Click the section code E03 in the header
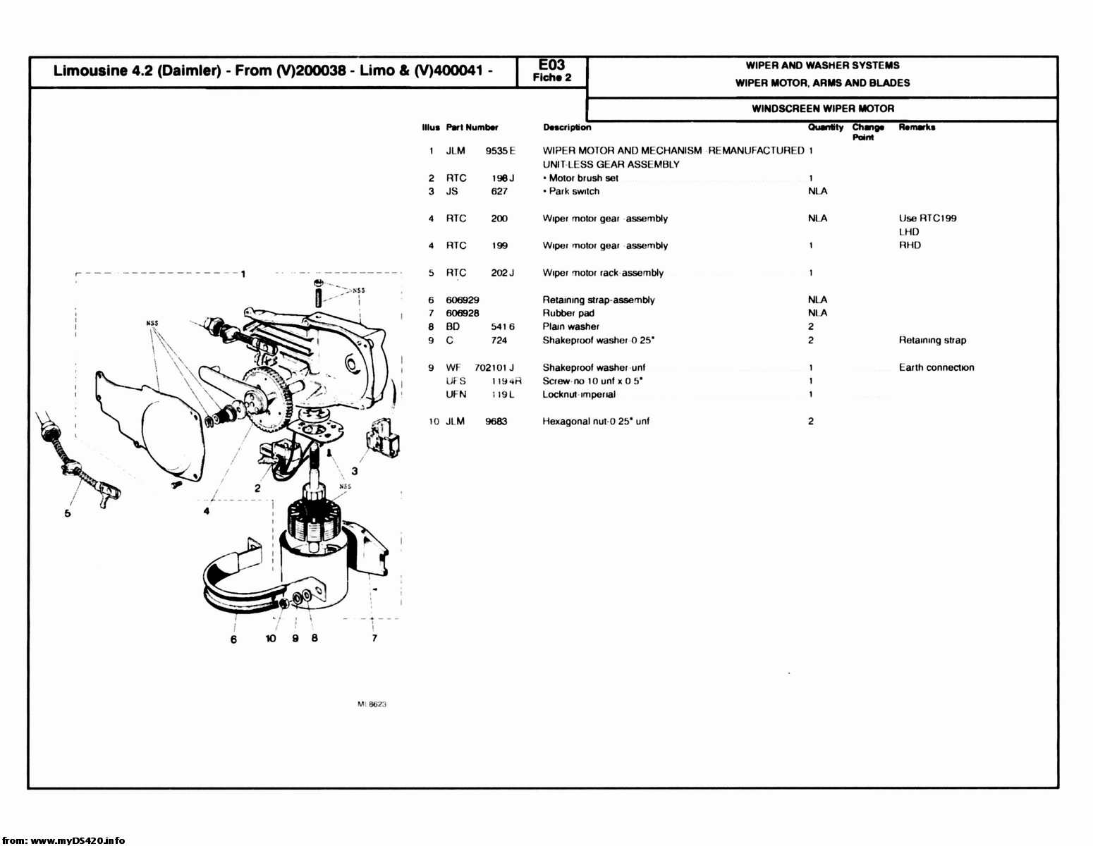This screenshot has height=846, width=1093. click(551, 66)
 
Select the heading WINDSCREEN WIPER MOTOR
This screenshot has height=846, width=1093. click(822, 109)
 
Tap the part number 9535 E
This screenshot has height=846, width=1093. click(500, 150)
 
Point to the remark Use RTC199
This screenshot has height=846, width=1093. click(927, 219)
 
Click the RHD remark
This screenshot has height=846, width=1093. click(910, 245)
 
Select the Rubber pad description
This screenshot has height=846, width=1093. click(568, 313)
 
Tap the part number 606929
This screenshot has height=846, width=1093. click(463, 300)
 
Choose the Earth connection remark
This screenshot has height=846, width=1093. click(936, 367)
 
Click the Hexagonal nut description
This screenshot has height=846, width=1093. click(595, 422)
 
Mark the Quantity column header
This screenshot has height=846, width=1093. click(825, 128)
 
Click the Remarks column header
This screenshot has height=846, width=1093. click(917, 128)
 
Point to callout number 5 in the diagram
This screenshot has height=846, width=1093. click(68, 513)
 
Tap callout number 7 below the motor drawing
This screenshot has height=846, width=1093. click(374, 638)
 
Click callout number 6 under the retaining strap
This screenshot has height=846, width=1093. click(233, 639)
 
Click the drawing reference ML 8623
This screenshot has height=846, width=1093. click(372, 704)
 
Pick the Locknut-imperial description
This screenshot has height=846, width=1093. click(578, 394)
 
